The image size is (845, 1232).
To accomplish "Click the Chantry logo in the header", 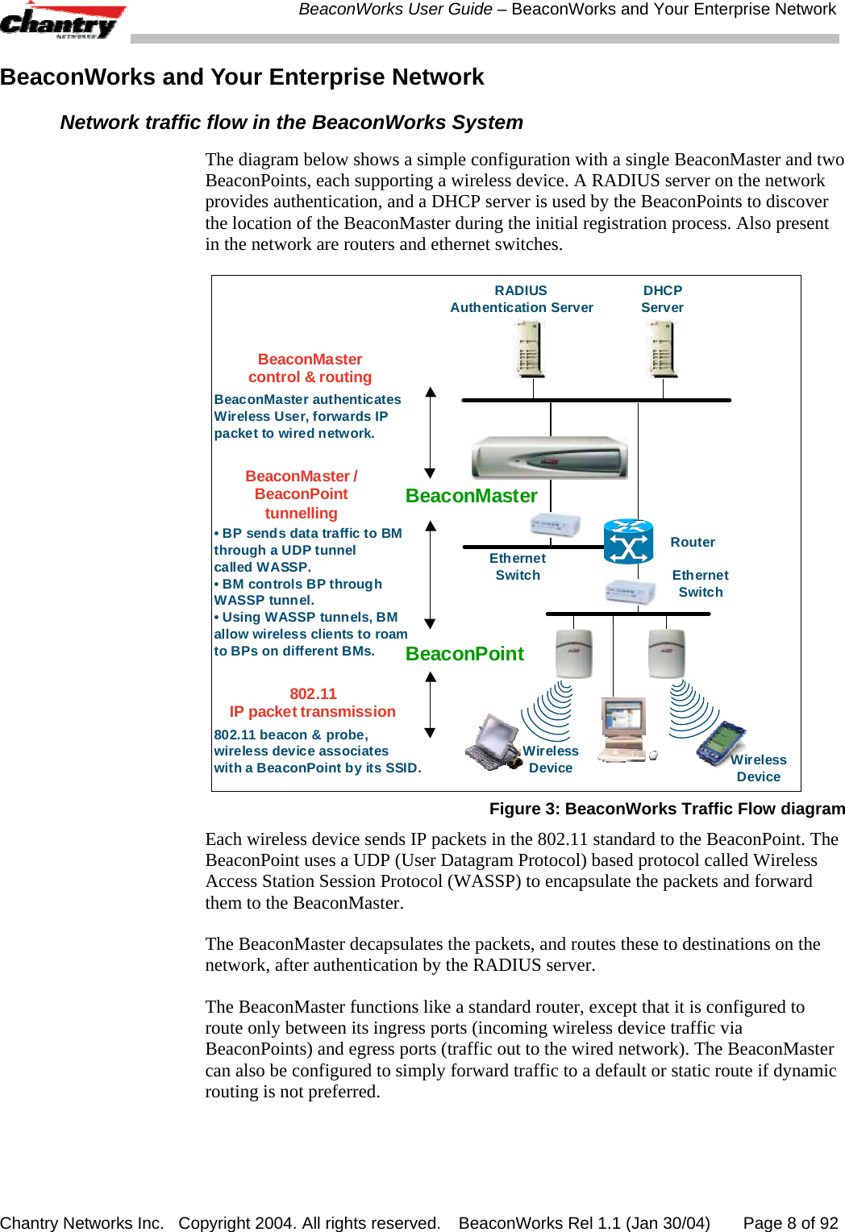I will coord(61,22).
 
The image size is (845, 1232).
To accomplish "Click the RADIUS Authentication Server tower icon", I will coord(530,349).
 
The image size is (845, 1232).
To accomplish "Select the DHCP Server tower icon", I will coord(663,349).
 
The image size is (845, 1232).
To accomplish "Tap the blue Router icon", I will coord(628,542).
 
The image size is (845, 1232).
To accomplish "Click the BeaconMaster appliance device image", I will coord(549,458).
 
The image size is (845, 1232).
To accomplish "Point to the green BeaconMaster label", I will coord(471,496).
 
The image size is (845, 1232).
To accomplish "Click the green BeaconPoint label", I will coord(464,654).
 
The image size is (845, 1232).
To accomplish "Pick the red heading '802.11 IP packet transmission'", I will coord(313,703).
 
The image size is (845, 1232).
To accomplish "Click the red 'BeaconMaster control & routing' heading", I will coord(310,368).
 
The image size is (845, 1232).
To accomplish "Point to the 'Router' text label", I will coord(693,543).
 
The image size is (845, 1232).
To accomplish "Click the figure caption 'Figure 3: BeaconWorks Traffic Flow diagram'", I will coord(667,809).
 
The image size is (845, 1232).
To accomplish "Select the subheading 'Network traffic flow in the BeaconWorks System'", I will coord(291,123).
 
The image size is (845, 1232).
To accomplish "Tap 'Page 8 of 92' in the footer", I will coord(790,1223).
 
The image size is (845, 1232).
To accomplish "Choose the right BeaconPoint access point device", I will coord(667,653).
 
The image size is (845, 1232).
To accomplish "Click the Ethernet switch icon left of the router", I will coord(555,525).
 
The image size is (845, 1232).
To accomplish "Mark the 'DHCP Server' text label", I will coord(663,299).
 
